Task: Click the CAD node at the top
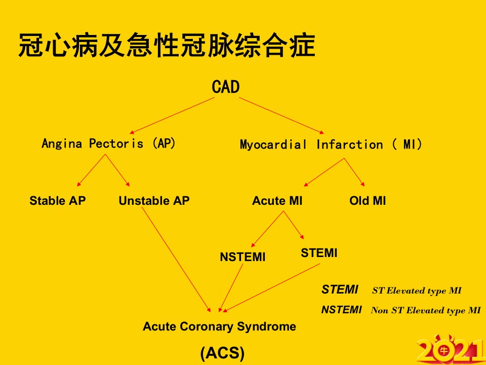pos(226,87)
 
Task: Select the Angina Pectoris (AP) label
pos(108,143)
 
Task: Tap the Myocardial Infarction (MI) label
pos(331,144)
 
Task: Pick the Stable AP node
pos(57,201)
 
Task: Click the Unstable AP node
pos(154,201)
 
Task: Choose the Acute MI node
pos(277,201)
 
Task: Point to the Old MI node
pos(368,201)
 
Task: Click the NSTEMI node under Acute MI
pos(242,257)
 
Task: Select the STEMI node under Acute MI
pos(319,253)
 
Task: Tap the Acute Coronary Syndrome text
pos(219,326)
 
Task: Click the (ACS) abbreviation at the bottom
pos(223,353)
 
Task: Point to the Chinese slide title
pos(167,46)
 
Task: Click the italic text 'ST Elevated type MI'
pos(417,291)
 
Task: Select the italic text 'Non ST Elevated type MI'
pos(426,310)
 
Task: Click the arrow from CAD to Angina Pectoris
pos(172,116)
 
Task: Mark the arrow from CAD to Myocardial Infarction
pos(281,116)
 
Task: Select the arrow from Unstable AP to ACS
pos(176,260)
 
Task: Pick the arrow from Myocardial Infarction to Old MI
pos(354,172)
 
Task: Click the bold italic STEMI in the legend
pos(340,289)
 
